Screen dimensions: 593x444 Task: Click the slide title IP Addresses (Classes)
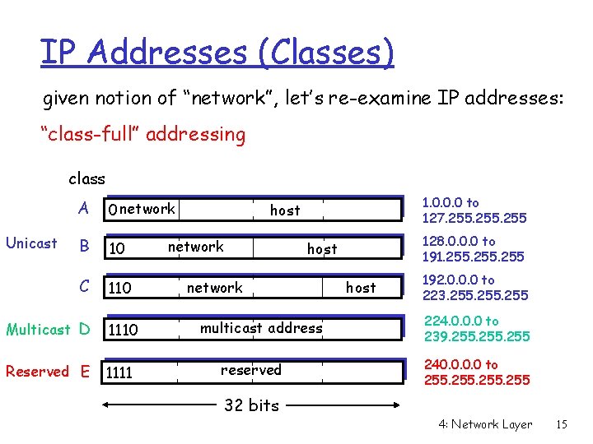point(217,53)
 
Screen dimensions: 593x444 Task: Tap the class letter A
point(83,208)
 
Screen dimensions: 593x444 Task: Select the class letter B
point(83,246)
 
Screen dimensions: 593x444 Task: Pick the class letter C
point(83,286)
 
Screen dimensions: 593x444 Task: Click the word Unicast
point(31,243)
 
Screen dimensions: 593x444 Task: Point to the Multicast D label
point(48,330)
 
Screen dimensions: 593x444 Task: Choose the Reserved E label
point(47,372)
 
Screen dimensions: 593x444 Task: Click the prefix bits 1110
point(124,331)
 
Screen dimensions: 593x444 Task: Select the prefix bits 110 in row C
point(120,289)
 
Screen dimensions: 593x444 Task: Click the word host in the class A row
point(285,210)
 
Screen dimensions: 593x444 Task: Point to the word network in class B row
point(195,247)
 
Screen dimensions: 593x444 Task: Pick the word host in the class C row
point(360,288)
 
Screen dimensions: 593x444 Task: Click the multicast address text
point(261,328)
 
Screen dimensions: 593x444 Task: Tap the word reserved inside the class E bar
point(251,370)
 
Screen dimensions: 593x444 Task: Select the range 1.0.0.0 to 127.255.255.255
point(474,210)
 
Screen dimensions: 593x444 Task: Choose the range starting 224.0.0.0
point(476,329)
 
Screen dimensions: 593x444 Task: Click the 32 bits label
point(252,405)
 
